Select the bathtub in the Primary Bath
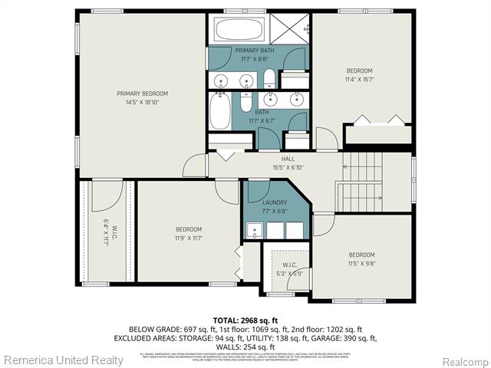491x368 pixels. (x=239, y=30)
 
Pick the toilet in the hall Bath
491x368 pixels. (x=245, y=101)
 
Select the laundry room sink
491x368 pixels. (x=253, y=229)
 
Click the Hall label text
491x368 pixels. (x=288, y=159)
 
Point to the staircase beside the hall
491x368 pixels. (x=362, y=181)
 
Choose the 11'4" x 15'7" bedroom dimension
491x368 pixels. (x=358, y=78)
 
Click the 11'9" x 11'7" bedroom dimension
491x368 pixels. (x=188, y=238)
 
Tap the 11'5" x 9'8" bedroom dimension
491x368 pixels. (x=361, y=263)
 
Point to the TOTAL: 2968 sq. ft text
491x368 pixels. (x=245, y=320)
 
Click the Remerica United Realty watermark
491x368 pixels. (x=63, y=360)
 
